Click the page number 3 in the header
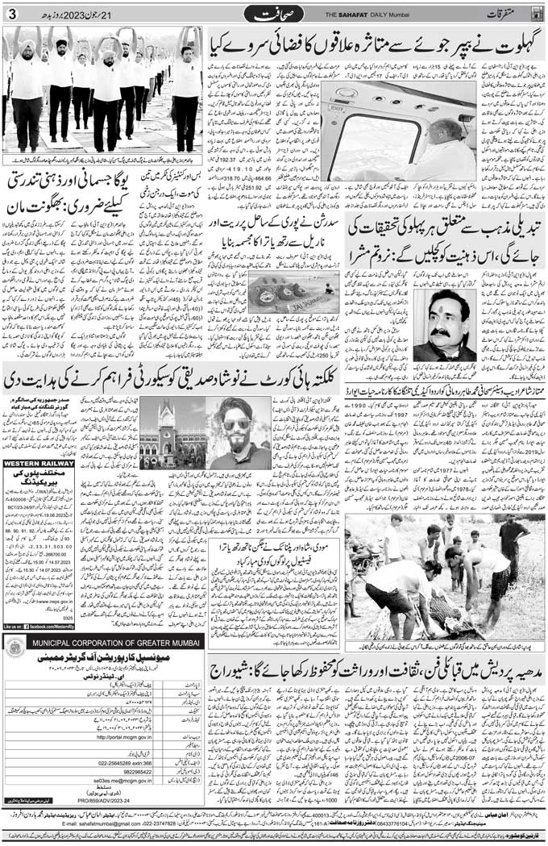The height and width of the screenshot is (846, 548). (11, 15)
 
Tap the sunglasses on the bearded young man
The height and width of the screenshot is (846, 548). (240, 425)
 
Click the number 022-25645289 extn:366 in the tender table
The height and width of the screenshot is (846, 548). (125, 761)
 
